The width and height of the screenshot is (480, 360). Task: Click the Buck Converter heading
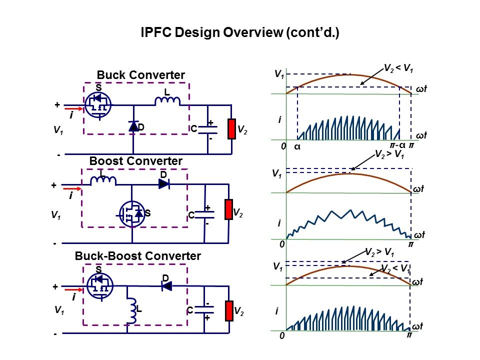(140, 75)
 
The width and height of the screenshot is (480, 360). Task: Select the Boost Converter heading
(135, 161)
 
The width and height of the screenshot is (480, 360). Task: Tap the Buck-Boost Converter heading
(137, 256)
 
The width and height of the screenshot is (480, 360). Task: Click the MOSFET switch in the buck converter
(98, 105)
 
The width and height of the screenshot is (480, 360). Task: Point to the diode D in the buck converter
(133, 126)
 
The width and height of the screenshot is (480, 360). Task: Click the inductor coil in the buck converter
(167, 101)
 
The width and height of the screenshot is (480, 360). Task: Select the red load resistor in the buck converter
(231, 129)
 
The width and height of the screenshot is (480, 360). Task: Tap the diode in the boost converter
(164, 183)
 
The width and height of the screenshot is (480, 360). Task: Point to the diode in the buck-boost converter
(166, 286)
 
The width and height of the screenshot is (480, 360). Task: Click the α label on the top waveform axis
(296, 147)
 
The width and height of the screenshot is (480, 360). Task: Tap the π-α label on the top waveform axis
(397, 145)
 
